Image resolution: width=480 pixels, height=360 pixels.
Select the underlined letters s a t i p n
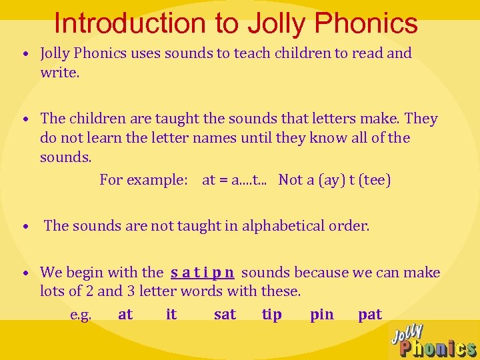(202, 272)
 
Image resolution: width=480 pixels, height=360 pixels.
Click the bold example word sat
(225, 315)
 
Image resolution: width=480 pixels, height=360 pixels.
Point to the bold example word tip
(272, 315)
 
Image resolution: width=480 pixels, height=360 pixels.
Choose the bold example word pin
(322, 315)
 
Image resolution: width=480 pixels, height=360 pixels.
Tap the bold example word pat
(370, 315)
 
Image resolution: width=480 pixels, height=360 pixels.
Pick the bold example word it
(171, 315)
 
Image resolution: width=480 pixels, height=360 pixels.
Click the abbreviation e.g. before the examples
(81, 315)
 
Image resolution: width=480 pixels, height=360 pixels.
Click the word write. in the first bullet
(60, 71)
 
